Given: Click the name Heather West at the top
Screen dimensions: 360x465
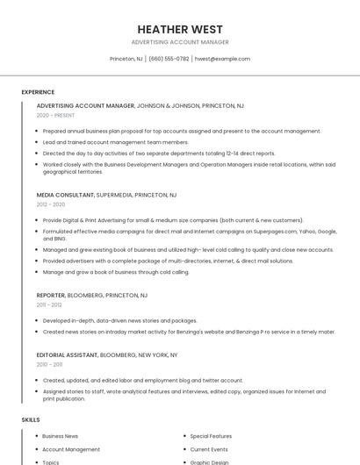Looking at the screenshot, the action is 180,29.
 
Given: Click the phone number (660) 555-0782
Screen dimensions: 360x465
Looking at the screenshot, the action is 169,59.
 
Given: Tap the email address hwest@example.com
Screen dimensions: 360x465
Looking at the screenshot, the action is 222,59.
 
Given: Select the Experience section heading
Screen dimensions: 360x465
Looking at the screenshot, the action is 38,92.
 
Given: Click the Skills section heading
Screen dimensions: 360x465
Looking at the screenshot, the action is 31,420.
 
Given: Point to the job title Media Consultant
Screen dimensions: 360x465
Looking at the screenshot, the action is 65,195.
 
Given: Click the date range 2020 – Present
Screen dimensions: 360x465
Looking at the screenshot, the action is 55,115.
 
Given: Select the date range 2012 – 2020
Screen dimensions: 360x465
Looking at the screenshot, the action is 51,204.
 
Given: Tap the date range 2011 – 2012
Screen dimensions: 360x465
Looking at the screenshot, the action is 49,304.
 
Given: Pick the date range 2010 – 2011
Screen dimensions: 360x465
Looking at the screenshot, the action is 49,364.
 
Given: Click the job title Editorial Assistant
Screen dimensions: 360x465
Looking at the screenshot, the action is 67,354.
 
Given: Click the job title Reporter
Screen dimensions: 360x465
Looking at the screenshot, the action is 52,295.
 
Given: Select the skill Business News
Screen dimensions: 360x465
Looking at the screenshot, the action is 60,436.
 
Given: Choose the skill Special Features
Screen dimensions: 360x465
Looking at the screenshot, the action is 211,436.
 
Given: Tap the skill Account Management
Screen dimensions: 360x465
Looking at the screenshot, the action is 71,449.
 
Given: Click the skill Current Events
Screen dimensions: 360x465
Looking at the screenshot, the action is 209,449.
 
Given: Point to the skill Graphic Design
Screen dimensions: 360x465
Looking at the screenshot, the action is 209,461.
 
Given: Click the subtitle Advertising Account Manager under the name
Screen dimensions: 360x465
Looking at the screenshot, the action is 180,42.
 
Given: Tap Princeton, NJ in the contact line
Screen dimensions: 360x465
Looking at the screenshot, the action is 126,59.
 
